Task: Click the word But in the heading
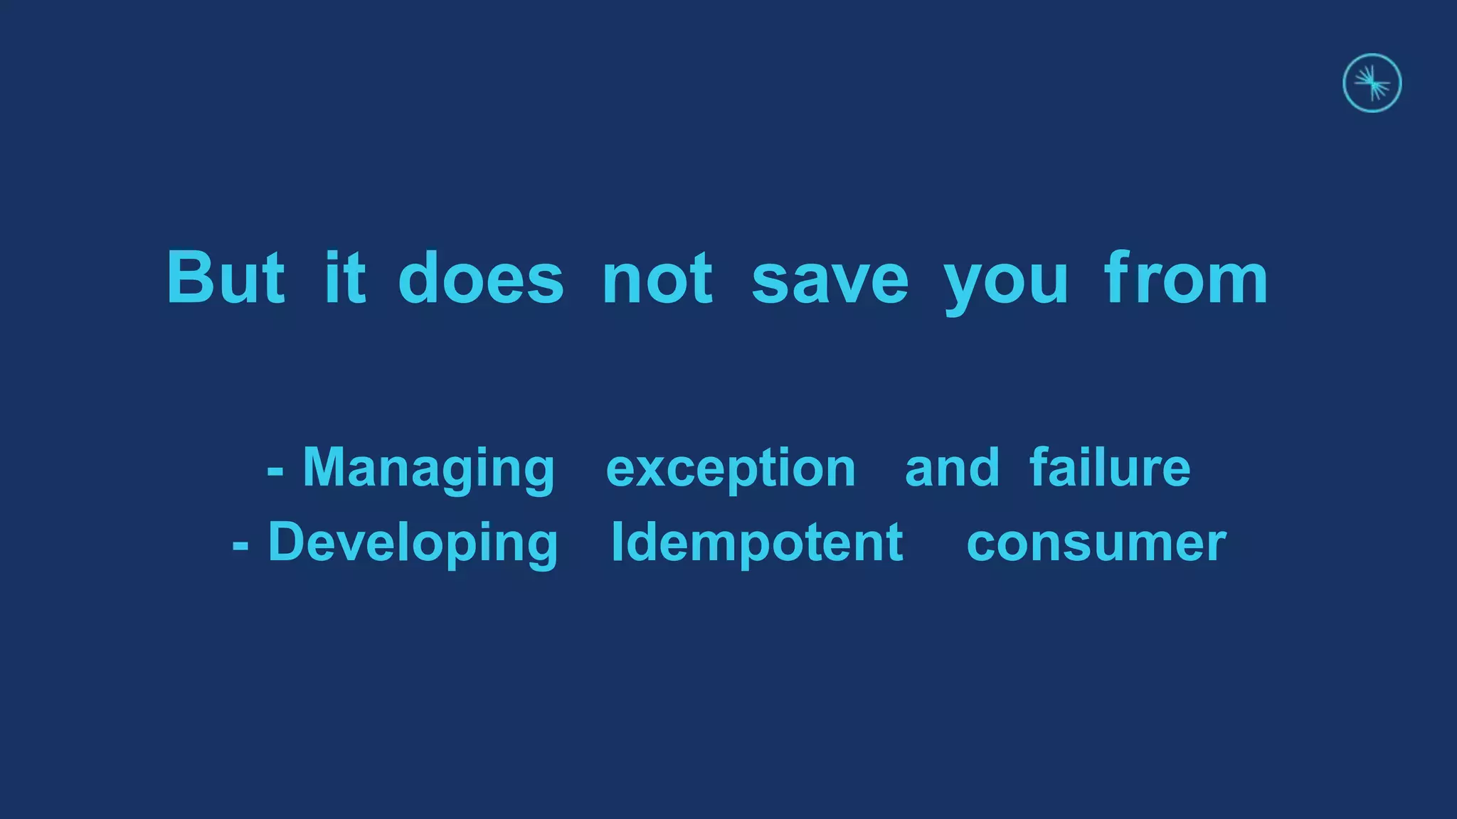point(226,278)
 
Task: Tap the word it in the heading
point(345,278)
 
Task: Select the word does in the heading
point(481,278)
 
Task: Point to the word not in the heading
point(657,278)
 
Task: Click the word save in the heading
point(830,278)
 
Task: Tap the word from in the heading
point(1186,278)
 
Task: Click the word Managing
point(428,469)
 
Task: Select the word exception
point(731,470)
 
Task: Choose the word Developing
point(413,543)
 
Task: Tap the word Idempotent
point(758,542)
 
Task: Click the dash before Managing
point(275,471)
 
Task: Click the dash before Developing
point(240,545)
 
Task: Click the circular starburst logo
point(1372,83)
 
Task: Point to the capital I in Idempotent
point(618,542)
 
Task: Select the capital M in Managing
point(326,467)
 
